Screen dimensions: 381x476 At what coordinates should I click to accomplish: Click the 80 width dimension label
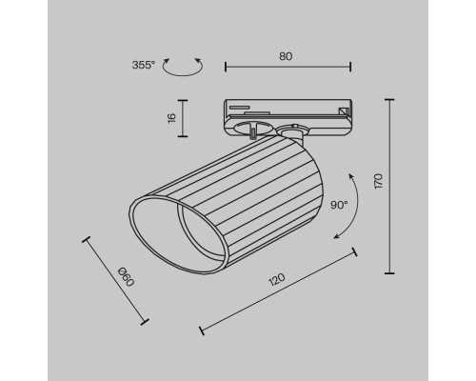point(286,55)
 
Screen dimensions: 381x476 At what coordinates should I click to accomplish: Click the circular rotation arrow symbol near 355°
point(182,67)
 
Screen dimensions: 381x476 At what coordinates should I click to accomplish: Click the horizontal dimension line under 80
point(288,67)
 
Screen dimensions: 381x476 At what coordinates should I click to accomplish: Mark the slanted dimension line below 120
point(278,294)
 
